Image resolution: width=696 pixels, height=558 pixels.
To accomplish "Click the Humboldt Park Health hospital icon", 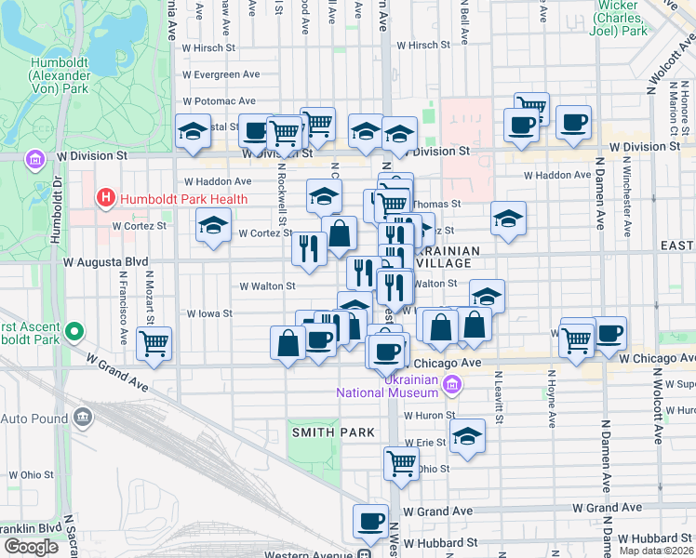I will coord(105,198).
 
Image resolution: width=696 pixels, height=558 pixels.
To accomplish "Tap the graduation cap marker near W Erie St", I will coord(466,434).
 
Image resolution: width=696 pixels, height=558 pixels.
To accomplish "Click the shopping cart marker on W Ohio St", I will coord(401,461).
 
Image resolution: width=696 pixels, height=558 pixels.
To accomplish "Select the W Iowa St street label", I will coord(209,314).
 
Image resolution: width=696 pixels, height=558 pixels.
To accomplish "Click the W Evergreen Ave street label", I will coord(221,74).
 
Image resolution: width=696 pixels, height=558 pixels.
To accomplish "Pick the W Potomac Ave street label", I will coord(220,101).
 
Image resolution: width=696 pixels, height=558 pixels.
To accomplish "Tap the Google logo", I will coord(31,547).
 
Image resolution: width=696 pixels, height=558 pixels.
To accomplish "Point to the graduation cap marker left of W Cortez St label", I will coord(213,224).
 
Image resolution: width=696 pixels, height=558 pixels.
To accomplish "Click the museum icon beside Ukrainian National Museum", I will coord(452,383).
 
